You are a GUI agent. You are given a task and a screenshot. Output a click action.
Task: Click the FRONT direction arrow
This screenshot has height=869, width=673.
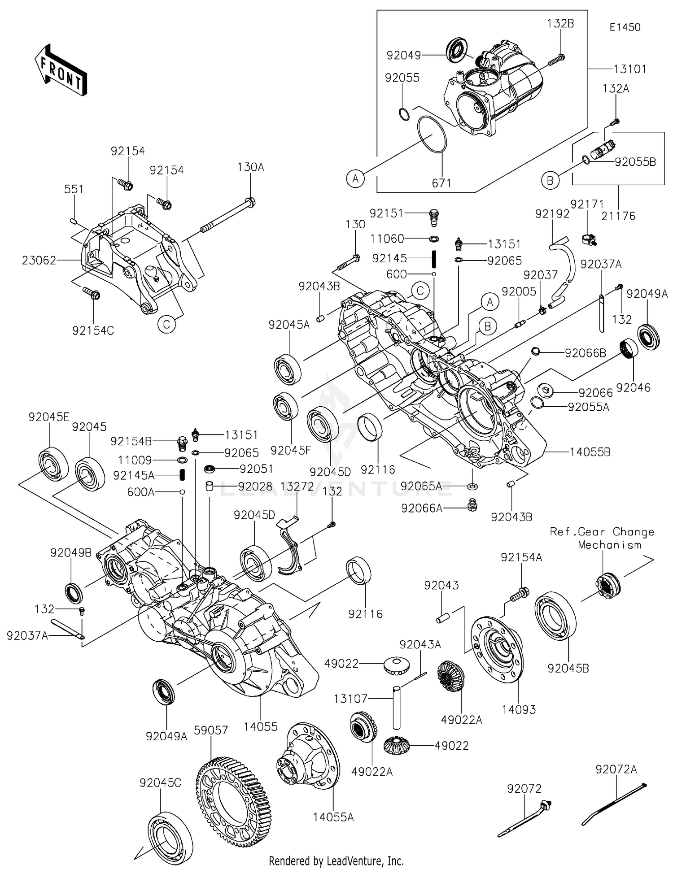(x=61, y=70)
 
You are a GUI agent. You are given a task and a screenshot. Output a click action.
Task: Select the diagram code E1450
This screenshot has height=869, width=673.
(x=625, y=27)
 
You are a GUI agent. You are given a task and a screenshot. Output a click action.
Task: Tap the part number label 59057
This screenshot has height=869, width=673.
(x=211, y=730)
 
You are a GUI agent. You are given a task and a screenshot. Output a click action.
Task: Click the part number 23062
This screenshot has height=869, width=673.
(x=39, y=260)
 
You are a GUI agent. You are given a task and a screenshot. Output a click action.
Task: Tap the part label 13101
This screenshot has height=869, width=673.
(x=630, y=69)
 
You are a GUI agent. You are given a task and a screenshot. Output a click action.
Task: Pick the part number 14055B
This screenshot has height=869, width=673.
(x=590, y=452)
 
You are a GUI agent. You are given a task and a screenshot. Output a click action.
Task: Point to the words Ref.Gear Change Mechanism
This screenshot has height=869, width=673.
(x=602, y=538)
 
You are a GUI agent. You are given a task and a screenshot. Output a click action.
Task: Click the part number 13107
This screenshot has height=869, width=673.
(x=350, y=698)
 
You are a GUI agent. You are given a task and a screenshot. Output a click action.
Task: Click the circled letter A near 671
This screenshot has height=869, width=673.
(x=355, y=179)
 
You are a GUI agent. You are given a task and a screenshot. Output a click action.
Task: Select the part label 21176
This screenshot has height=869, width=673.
(x=618, y=216)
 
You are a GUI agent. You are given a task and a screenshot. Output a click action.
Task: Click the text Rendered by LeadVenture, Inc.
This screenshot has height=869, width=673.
(x=336, y=860)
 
